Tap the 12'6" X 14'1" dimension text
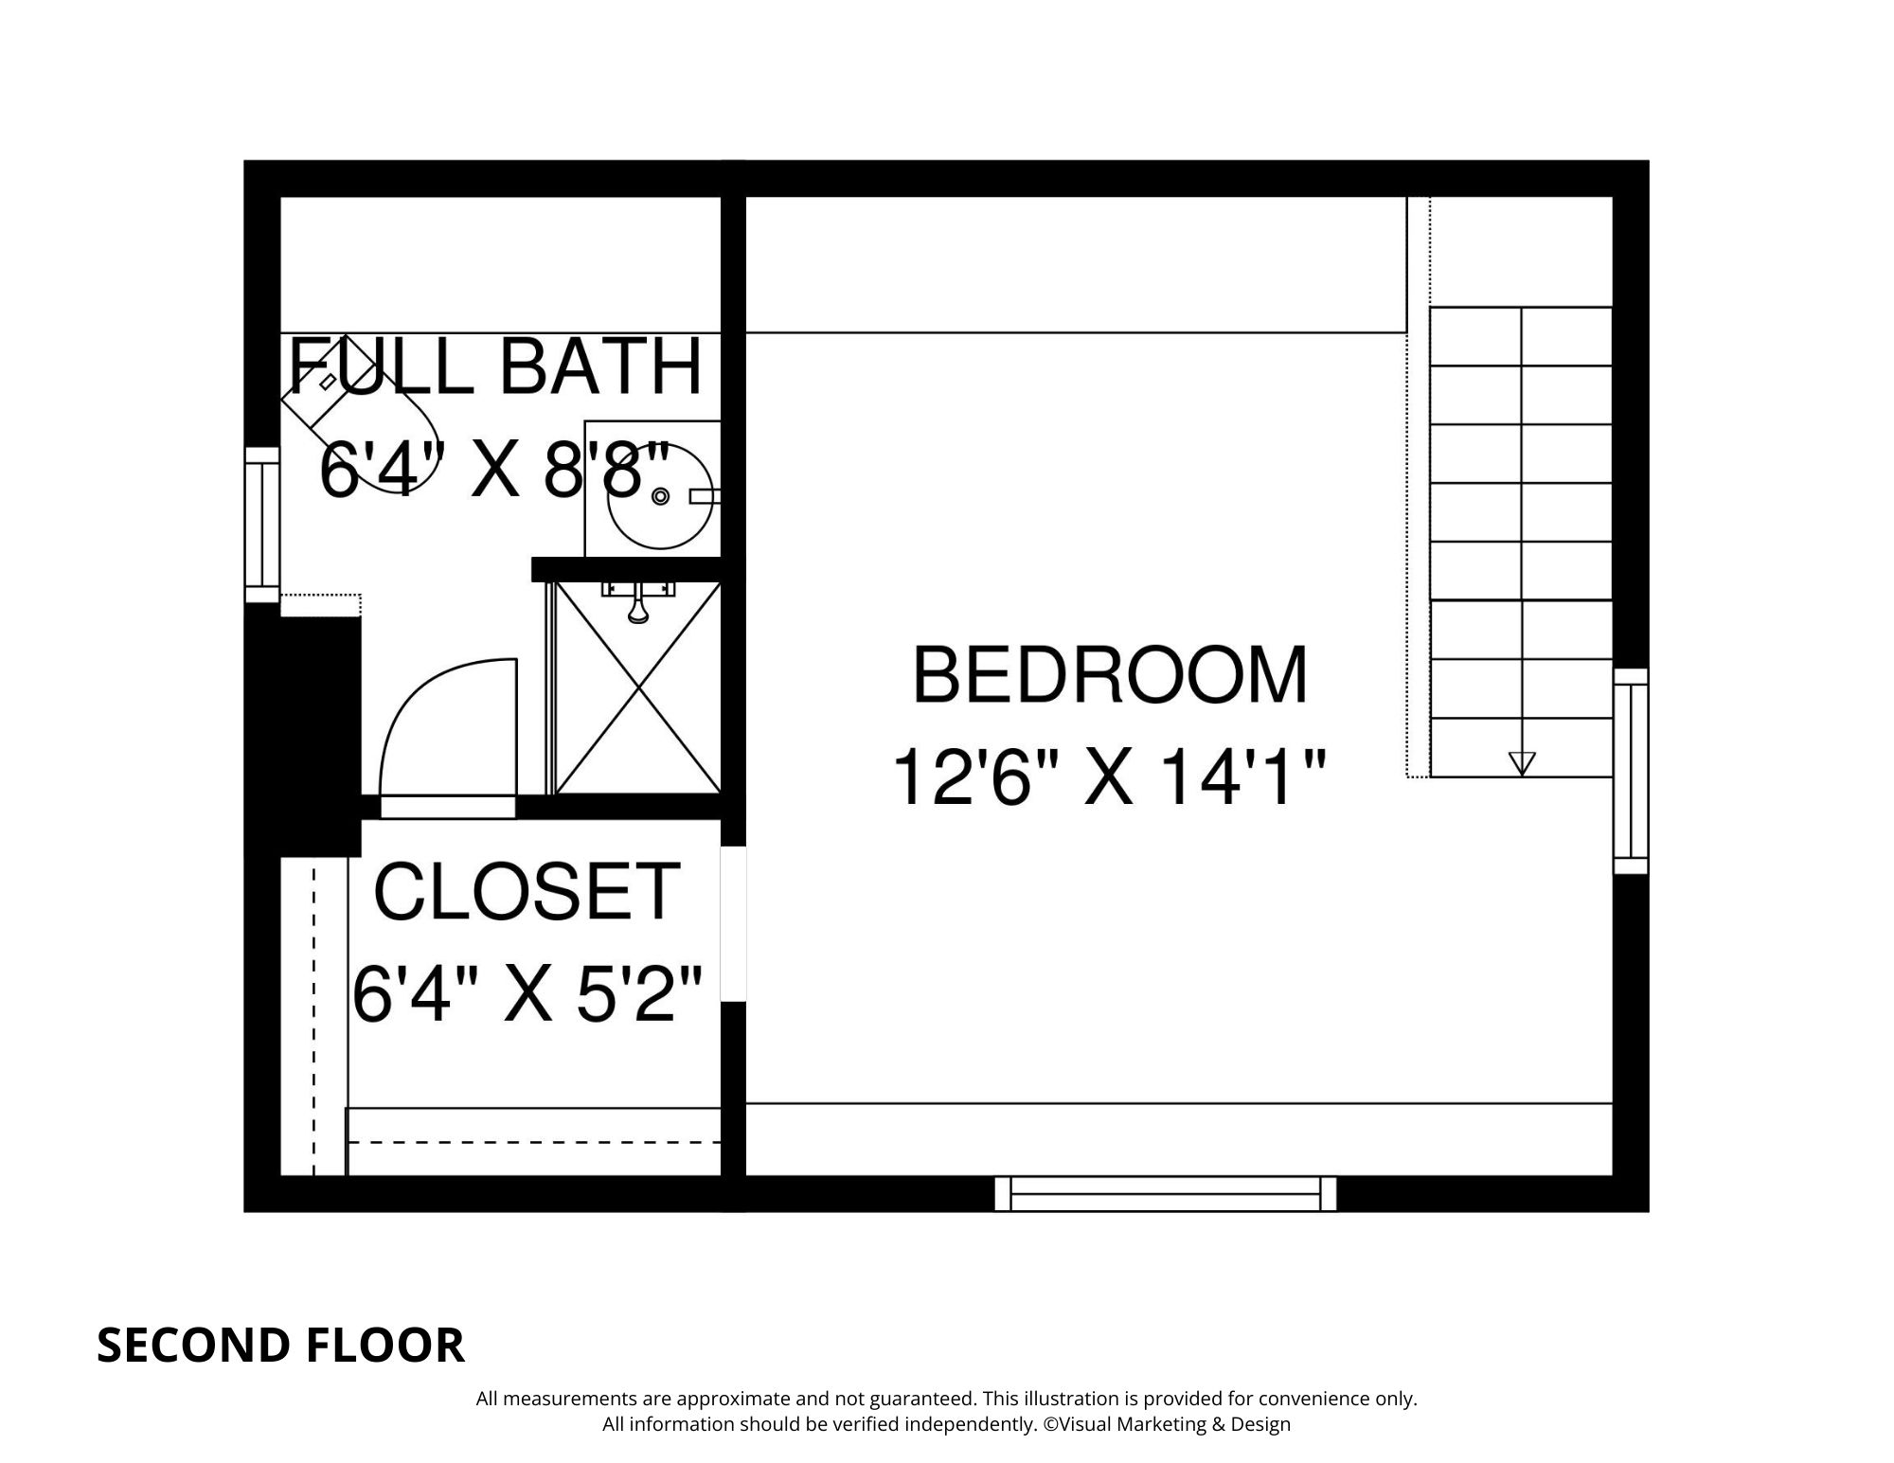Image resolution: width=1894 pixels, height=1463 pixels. pyautogui.click(x=1109, y=777)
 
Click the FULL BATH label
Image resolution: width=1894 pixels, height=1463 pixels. pyautogui.click(x=495, y=366)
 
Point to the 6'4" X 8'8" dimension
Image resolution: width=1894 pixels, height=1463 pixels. pyautogui.click(x=495, y=471)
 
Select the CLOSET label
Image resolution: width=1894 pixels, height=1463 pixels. pyautogui.click(x=527, y=892)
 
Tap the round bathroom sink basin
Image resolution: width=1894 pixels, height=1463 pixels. pyautogui.click(x=659, y=496)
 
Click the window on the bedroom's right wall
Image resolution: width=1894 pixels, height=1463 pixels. pyautogui.click(x=1631, y=771)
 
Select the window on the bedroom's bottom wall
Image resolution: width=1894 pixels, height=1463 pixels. pyautogui.click(x=1165, y=1194)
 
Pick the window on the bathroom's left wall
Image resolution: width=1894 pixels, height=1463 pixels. pyautogui.click(x=262, y=525)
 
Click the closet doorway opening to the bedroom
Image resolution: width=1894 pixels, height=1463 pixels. pyautogui.click(x=733, y=923)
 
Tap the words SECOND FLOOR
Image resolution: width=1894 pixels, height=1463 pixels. pyautogui.click(x=280, y=1346)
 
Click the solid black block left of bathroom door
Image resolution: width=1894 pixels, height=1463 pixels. pyautogui.click(x=303, y=729)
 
